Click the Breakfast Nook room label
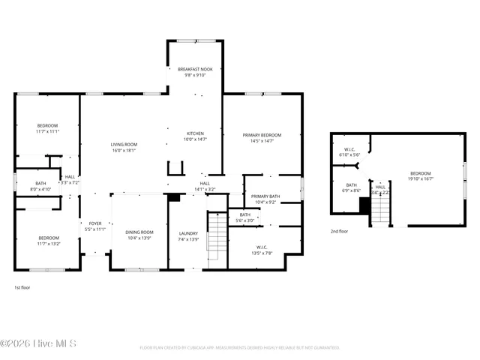point(195,72)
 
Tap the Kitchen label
point(195,136)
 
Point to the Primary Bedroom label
point(262,137)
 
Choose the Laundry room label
point(189,235)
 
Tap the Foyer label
point(95,226)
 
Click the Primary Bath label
point(265,199)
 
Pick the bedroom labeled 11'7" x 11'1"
point(46,128)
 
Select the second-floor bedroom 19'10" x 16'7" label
point(420,175)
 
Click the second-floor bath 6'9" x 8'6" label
point(352,187)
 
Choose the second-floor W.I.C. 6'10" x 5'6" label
point(349,151)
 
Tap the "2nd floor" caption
point(339,231)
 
